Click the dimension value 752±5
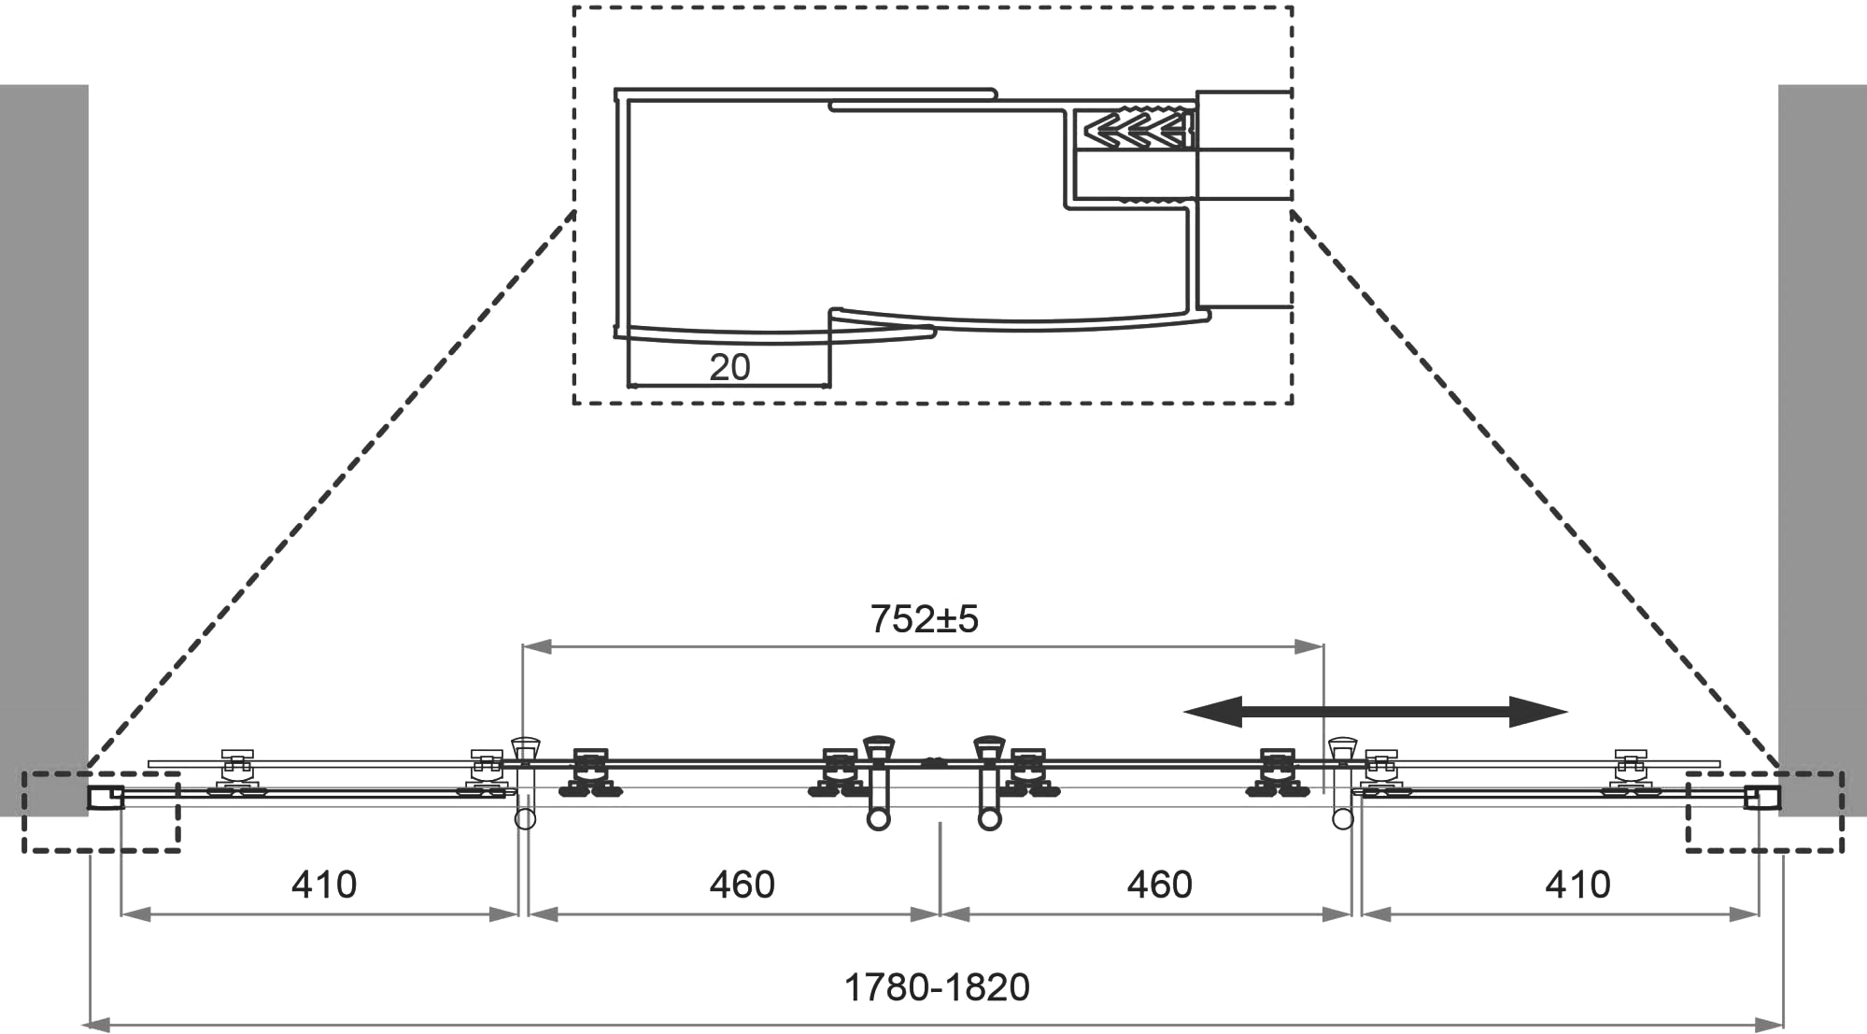[x=924, y=619]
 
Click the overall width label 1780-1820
[x=936, y=987]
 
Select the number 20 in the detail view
[x=729, y=367]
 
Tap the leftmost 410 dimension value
[x=323, y=884]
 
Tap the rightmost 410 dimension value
[x=1577, y=884]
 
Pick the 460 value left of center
[x=742, y=884]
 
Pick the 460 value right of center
[x=1159, y=884]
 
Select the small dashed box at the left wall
[x=101, y=812]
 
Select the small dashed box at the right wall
[x=1764, y=812]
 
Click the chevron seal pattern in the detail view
[x=1132, y=130]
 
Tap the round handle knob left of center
[x=878, y=819]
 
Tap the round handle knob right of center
[x=989, y=819]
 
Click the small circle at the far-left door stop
[x=525, y=819]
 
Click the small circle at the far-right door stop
[x=1342, y=819]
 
